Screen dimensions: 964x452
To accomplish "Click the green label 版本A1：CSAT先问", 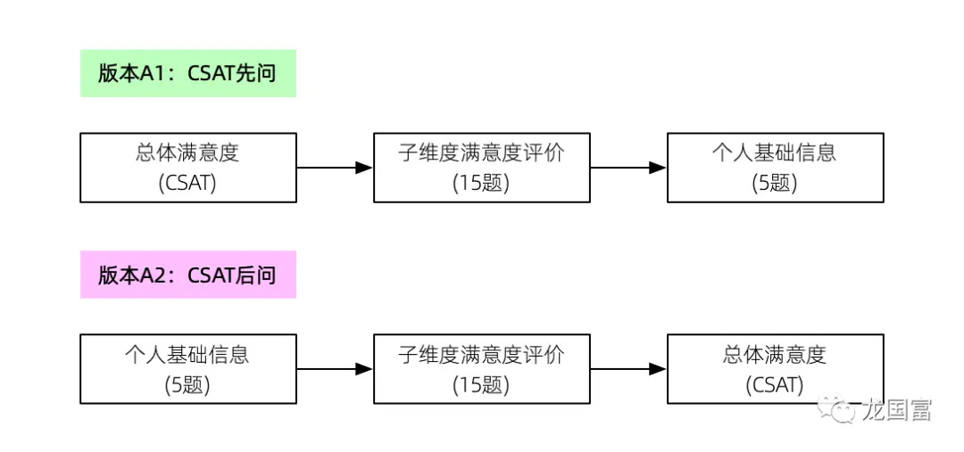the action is click(188, 73).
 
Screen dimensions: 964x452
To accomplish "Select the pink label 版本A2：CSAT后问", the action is click(188, 275).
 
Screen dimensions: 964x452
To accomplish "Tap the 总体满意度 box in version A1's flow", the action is click(188, 167).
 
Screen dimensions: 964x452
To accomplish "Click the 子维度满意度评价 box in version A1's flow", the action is click(481, 167).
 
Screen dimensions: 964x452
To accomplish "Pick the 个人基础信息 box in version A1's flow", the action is click(776, 167).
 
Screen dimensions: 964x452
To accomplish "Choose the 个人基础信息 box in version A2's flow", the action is click(188, 368).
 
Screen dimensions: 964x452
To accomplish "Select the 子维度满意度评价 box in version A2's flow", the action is click(481, 368).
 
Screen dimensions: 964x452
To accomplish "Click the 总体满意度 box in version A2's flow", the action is click(776, 368).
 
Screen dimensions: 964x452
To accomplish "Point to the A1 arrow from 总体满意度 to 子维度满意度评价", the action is click(335, 167).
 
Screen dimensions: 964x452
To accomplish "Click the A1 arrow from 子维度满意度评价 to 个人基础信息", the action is click(628, 167).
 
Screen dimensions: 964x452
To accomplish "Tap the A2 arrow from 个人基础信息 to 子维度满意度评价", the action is click(335, 368).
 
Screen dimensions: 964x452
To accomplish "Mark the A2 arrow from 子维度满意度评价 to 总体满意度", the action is click(628, 368).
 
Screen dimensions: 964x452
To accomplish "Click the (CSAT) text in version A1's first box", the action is click(187, 184).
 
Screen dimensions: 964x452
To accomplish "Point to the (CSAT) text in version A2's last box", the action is click(775, 385).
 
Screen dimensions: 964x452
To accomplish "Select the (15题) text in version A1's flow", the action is click(481, 184).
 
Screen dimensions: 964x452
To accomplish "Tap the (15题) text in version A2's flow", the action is click(481, 385).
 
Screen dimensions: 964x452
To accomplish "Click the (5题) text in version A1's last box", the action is click(775, 184).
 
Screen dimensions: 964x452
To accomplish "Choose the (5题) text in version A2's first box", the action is click(187, 385).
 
